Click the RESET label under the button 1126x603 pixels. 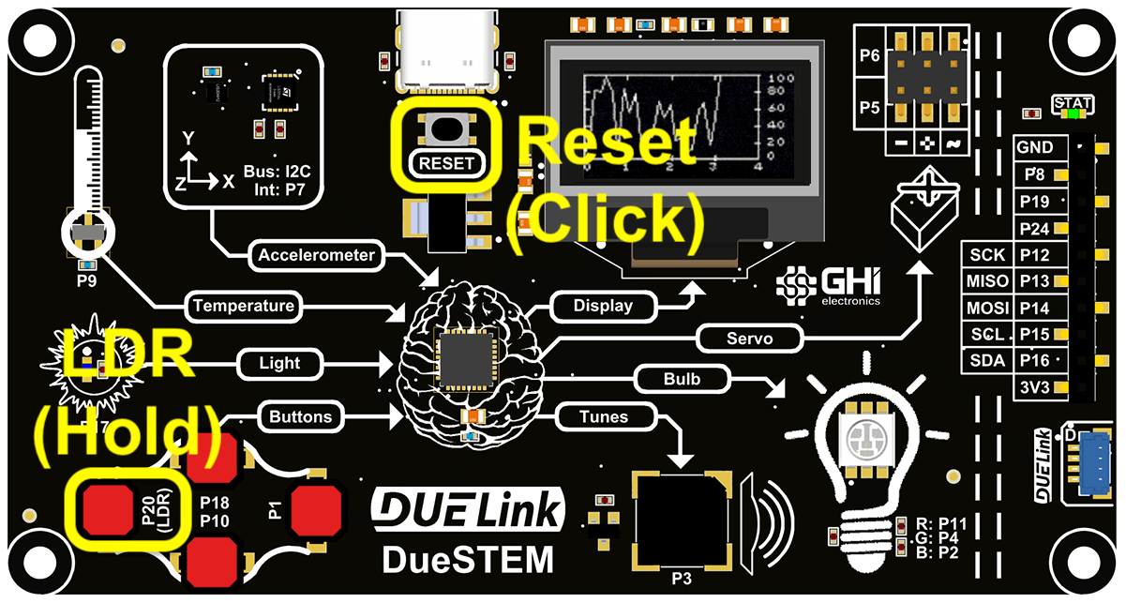447,162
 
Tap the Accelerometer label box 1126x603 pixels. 316,255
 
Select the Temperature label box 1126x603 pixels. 244,306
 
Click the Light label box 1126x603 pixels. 280,363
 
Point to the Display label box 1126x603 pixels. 603,306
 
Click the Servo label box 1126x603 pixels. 750,339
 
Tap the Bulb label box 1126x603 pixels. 682,380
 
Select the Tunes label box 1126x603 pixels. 604,415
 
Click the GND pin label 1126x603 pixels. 1035,147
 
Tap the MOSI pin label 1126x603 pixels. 987,308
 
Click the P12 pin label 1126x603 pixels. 1035,255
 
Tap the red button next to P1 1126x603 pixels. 316,512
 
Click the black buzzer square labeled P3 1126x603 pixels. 681,521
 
